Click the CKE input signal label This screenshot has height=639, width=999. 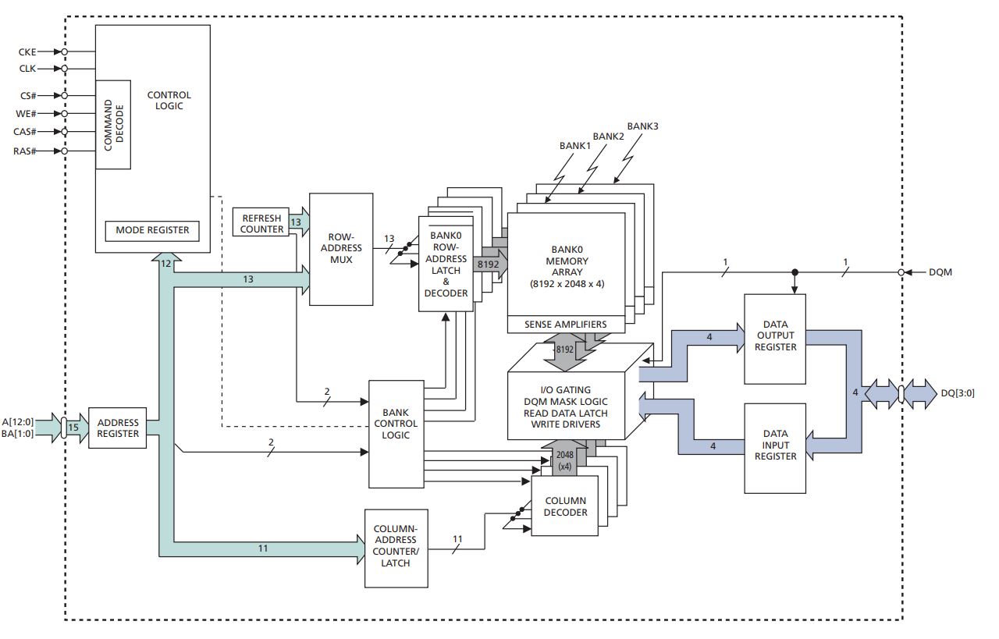[x=27, y=51]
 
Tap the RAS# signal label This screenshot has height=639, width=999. [x=27, y=151]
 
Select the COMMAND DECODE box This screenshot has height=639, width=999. [x=113, y=124]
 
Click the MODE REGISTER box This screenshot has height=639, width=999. [x=152, y=231]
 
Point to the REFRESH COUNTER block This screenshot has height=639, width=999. [x=261, y=224]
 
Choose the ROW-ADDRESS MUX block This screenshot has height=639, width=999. [x=340, y=248]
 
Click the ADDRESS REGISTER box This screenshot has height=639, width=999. [x=117, y=428]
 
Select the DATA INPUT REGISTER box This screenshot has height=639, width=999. [x=774, y=445]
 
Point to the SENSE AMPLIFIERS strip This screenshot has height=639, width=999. [x=566, y=325]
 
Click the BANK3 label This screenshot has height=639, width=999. [x=642, y=126]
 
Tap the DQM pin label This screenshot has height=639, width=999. [x=941, y=272]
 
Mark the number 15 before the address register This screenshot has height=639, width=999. [x=73, y=428]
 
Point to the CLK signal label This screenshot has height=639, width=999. [x=27, y=69]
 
